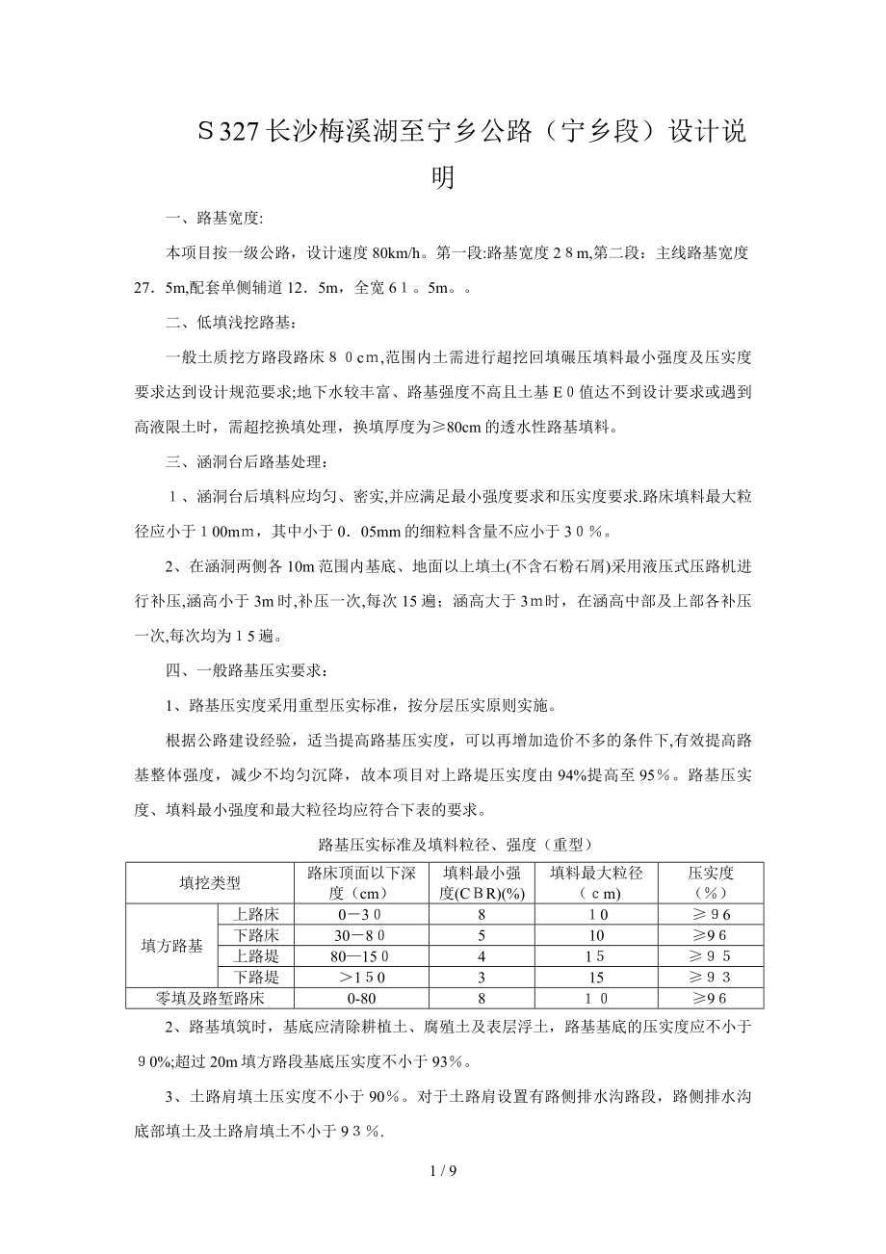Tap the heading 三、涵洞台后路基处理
coord(247,462)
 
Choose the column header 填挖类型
coord(210,882)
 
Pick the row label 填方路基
coord(172,946)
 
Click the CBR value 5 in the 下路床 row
coord(482,935)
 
